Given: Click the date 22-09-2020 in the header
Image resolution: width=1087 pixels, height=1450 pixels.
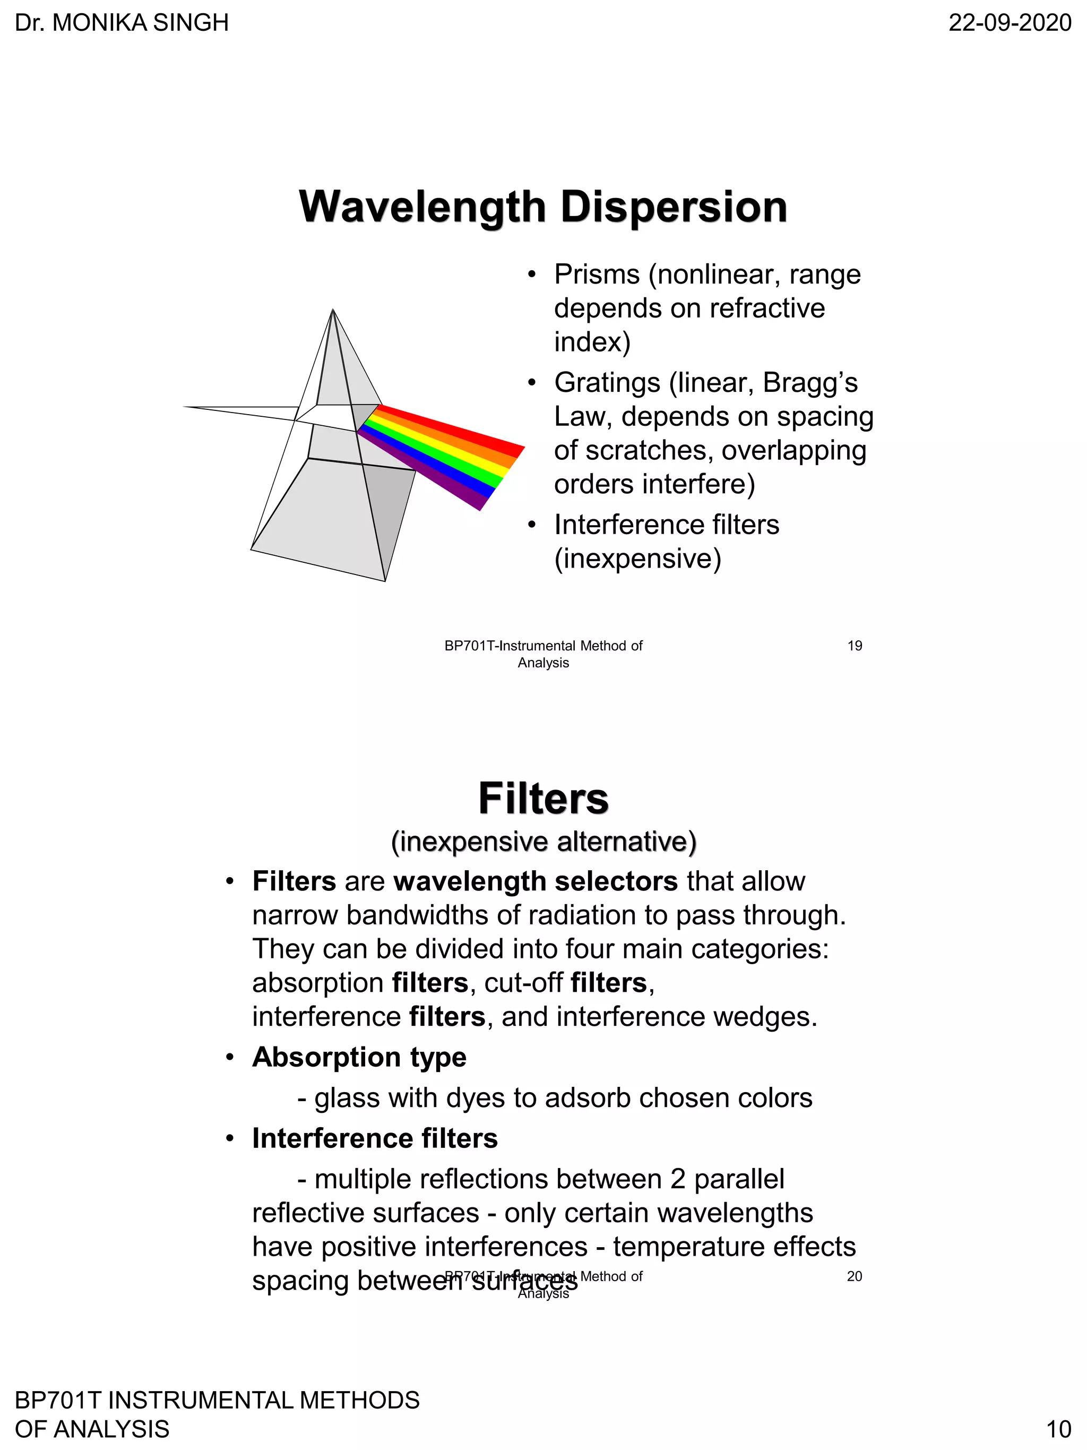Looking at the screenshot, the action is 1010,23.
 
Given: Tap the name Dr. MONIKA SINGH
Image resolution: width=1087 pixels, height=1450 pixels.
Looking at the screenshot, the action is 122,23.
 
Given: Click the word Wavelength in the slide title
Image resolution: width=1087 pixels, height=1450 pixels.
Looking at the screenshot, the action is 422,207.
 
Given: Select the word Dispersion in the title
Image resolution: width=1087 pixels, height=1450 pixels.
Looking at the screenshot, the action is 674,207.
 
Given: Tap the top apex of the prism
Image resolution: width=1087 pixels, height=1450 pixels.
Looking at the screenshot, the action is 333,310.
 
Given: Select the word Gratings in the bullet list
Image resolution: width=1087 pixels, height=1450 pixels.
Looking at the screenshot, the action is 607,383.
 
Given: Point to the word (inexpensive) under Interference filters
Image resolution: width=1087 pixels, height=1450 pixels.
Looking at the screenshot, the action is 637,559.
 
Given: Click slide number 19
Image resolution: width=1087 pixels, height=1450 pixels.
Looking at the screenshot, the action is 855,646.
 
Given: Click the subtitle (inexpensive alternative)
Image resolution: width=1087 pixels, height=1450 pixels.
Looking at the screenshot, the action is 543,842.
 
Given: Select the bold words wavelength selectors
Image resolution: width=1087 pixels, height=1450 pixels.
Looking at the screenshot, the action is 536,882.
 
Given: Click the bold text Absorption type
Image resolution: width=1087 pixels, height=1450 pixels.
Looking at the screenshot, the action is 359,1057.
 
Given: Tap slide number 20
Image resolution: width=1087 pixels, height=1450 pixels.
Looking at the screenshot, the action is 855,1276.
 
